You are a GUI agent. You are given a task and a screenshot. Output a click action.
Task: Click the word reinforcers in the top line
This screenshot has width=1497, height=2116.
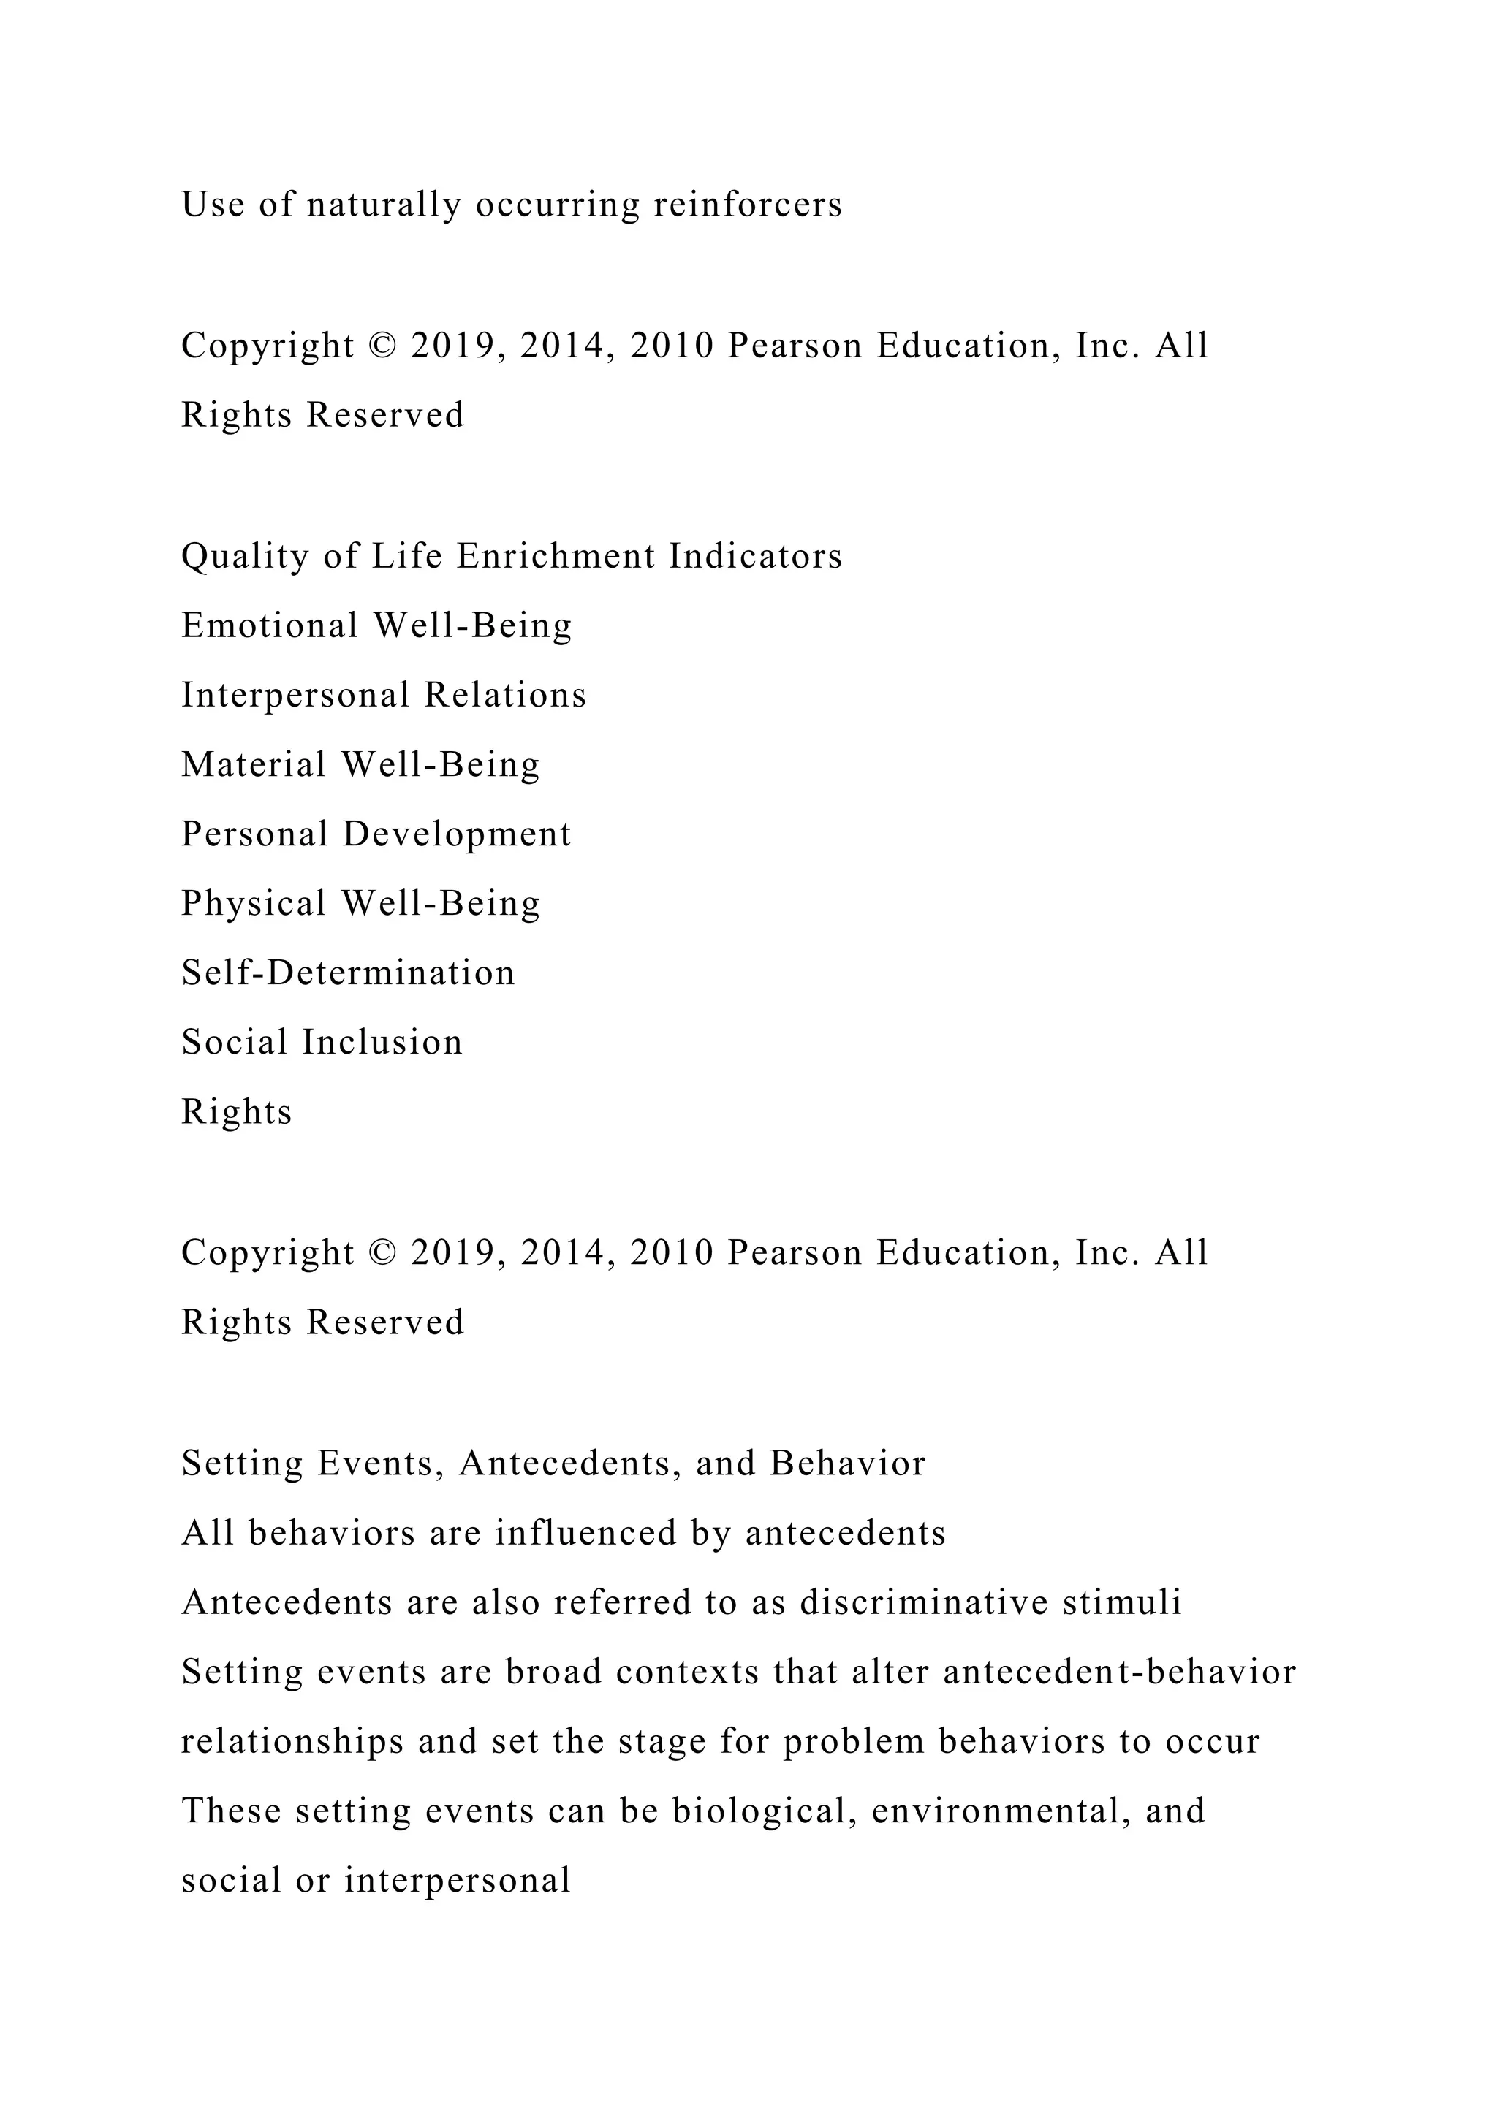click(748, 205)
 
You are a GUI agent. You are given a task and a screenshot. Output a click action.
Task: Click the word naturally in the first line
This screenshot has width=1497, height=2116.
click(384, 205)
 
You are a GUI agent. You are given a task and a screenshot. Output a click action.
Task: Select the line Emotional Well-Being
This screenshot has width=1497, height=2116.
click(376, 625)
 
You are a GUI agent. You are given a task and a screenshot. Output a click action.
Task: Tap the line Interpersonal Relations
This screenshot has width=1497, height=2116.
click(384, 695)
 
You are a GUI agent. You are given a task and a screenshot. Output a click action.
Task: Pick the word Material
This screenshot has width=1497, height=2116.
click(254, 765)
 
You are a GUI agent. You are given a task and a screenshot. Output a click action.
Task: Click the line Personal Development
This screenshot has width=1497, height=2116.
click(376, 834)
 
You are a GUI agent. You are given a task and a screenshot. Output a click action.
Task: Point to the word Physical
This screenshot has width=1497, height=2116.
click(254, 903)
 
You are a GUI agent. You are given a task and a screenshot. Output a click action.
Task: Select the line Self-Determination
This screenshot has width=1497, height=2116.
click(347, 973)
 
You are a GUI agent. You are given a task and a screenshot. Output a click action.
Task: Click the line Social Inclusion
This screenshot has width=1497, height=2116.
click(322, 1043)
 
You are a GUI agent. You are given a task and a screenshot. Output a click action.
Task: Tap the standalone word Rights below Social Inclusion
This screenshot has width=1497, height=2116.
click(236, 1112)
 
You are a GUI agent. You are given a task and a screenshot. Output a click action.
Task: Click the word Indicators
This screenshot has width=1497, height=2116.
click(755, 557)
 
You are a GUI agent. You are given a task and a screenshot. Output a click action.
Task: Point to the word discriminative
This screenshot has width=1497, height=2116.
click(924, 1602)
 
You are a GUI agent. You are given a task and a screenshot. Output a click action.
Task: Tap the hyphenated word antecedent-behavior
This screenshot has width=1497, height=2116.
click(1119, 1672)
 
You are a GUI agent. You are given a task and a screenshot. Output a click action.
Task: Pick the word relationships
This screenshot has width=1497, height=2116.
click(292, 1742)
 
